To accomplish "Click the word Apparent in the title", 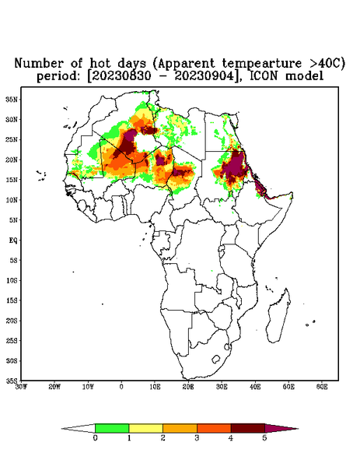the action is click(x=186, y=64).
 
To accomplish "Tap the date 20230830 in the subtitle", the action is click(x=121, y=76).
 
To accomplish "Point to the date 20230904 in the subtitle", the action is click(x=204, y=76).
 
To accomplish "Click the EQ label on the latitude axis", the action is click(x=12, y=240).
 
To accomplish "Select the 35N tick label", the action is click(x=12, y=99).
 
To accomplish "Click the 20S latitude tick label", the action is click(x=12, y=321).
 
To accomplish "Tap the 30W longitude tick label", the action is click(x=21, y=387).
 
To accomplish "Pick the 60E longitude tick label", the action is click(x=322, y=387).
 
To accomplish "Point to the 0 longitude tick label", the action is click(x=121, y=387).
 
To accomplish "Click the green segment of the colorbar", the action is click(x=112, y=428).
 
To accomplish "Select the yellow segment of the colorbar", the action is click(x=145, y=428).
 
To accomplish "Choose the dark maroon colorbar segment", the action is click(x=248, y=428).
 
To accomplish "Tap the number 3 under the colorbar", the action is click(x=197, y=438).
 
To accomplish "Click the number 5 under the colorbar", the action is click(x=264, y=438).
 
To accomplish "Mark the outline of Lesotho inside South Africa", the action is click(x=216, y=359).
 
